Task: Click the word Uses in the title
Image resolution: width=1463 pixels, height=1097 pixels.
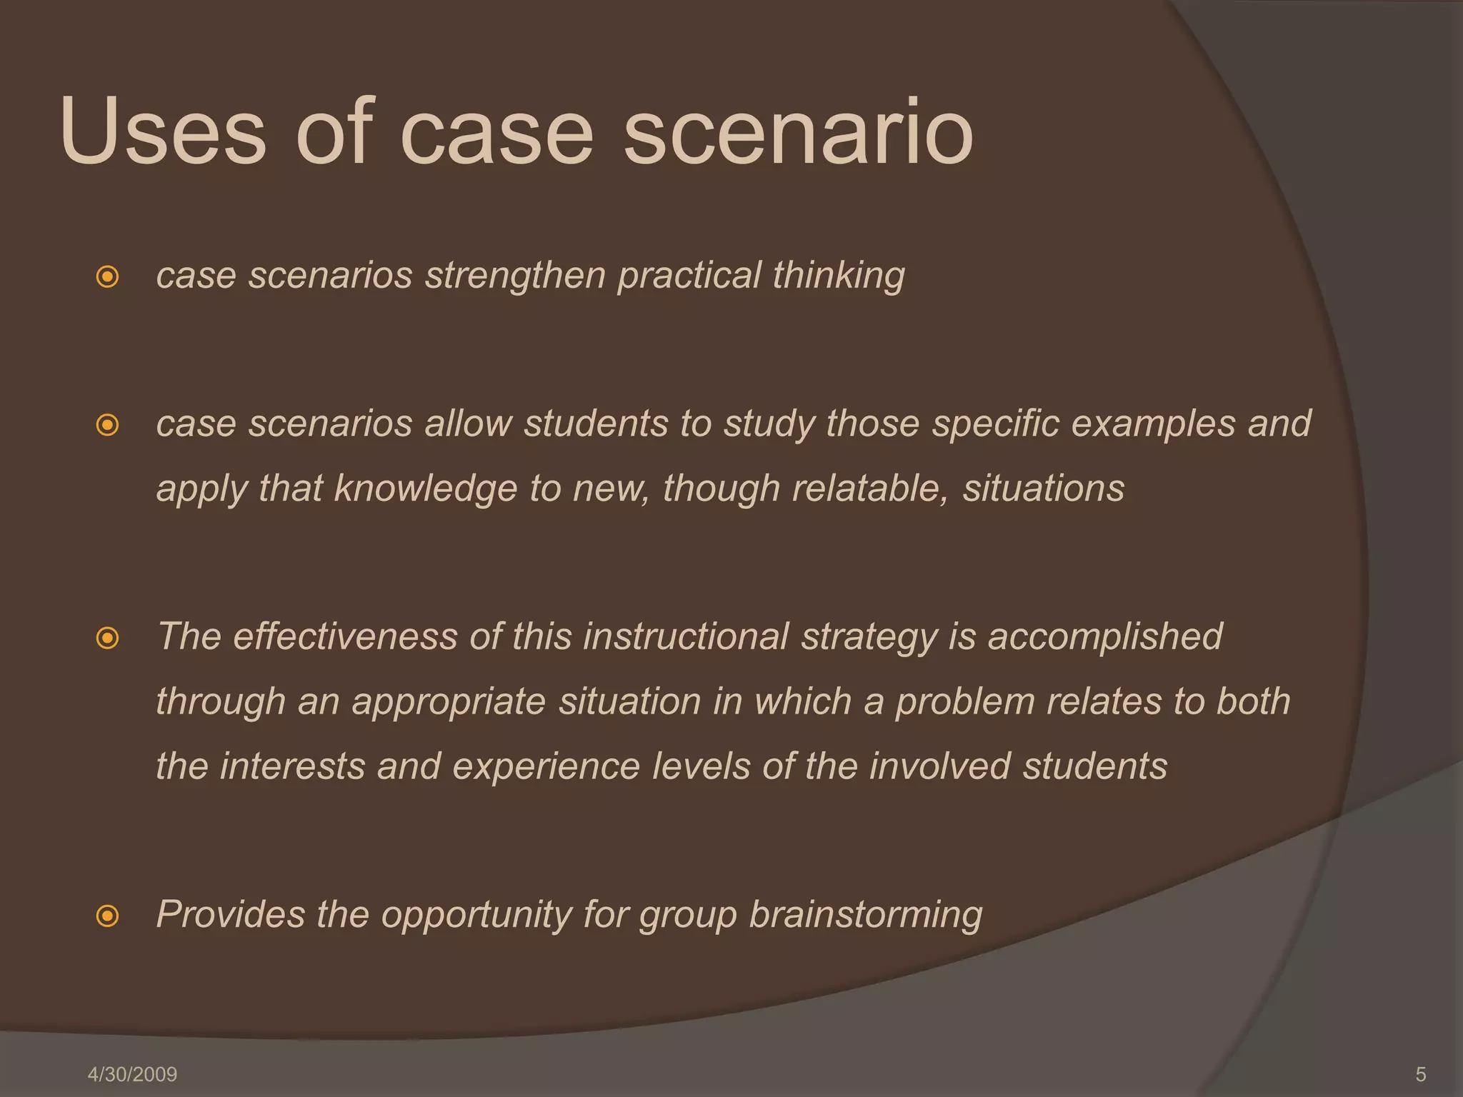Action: [163, 132]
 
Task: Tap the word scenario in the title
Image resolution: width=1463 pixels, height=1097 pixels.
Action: [798, 132]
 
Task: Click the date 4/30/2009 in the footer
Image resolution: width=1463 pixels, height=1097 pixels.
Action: [132, 1074]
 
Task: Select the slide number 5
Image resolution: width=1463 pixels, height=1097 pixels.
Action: [1420, 1074]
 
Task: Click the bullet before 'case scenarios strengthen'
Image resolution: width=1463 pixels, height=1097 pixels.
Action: [107, 276]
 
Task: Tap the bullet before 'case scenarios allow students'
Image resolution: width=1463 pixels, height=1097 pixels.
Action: [107, 426]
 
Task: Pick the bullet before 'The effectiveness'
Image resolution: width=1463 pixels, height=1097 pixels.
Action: [107, 638]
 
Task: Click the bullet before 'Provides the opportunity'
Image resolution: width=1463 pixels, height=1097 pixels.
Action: [107, 916]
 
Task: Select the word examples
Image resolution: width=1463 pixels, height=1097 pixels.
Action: [1153, 424]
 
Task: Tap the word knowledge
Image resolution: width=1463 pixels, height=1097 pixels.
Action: [425, 489]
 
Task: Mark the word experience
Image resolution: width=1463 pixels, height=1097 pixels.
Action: [546, 767]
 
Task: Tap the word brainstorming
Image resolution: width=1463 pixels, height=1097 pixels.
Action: [865, 916]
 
